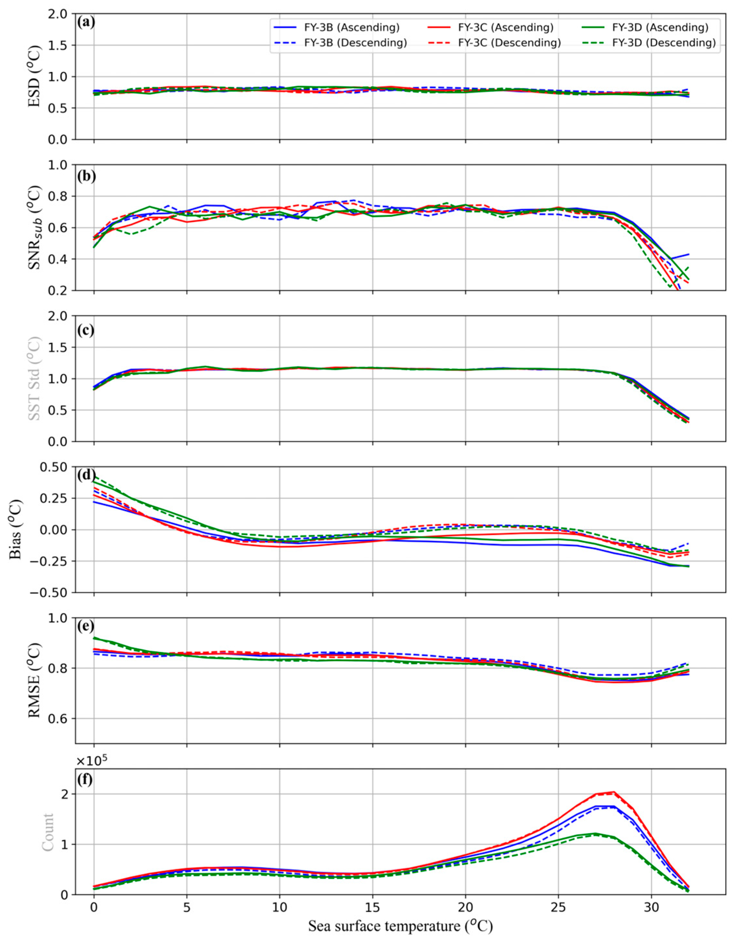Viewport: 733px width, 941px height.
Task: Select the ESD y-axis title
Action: [x=35, y=77]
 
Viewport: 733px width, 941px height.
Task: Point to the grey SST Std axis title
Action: [x=35, y=379]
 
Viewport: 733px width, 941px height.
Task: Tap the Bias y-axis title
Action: [x=16, y=530]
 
